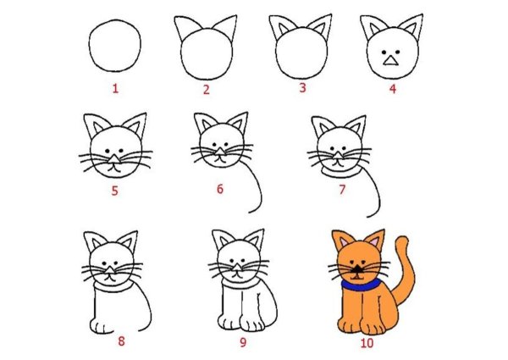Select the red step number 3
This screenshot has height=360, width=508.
300,87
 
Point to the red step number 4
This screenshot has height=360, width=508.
391,87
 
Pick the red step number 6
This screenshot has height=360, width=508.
220,189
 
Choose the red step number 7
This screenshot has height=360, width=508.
342,189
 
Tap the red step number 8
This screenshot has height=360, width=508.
121,341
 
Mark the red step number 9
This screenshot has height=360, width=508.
242,342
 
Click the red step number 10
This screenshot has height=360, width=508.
366,343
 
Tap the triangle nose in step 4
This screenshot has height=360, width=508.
389,58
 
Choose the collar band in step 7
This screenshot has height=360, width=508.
340,172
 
